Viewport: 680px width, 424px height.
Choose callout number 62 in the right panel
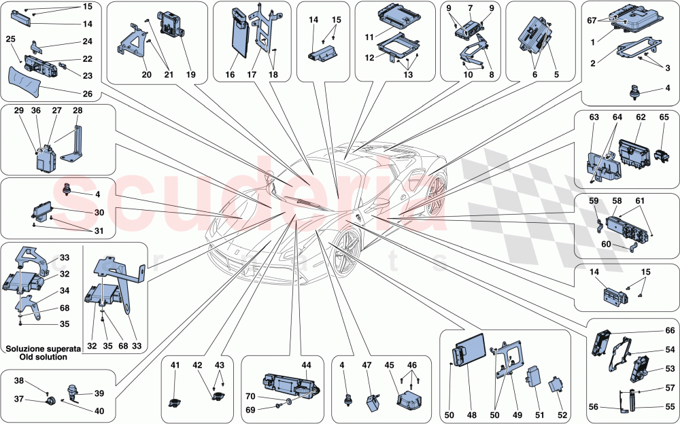coord(640,117)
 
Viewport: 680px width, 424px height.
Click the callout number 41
coord(175,366)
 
